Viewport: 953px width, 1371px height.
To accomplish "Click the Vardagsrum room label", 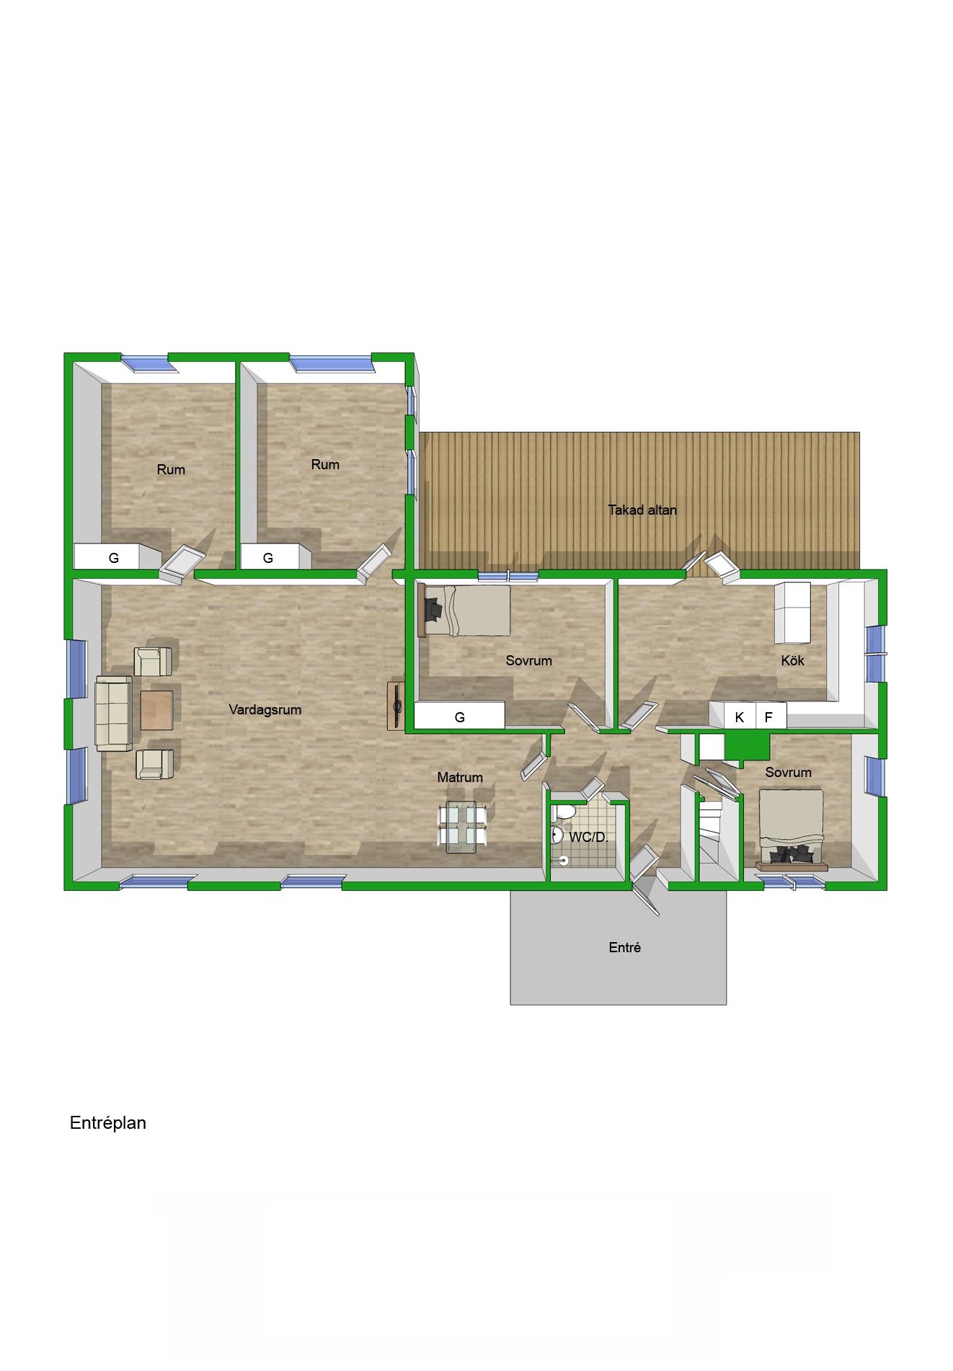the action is (265, 709).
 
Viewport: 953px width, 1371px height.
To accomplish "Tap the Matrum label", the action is (460, 777).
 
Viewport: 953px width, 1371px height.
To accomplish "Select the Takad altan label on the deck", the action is (642, 510).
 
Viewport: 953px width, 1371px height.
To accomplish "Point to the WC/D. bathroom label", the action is (589, 837).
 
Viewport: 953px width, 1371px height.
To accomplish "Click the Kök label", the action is (793, 660).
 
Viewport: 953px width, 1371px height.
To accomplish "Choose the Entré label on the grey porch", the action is (625, 947).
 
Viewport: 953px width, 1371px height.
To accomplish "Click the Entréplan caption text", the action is (108, 1123).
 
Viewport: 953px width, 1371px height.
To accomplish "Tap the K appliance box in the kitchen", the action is (739, 716).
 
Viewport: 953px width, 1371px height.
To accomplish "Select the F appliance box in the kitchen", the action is (769, 716).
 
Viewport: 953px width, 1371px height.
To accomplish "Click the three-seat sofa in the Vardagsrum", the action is (114, 714).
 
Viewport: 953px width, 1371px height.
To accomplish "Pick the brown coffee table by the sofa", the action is (156, 710).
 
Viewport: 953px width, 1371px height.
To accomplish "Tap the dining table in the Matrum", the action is (461, 827).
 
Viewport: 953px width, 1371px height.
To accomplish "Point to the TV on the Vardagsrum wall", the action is (396, 706).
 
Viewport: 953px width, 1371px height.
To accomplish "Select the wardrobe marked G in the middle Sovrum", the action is (459, 716).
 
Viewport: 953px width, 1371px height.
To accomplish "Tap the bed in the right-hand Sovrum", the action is (792, 829).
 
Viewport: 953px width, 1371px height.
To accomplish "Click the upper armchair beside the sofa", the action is (154, 661).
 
